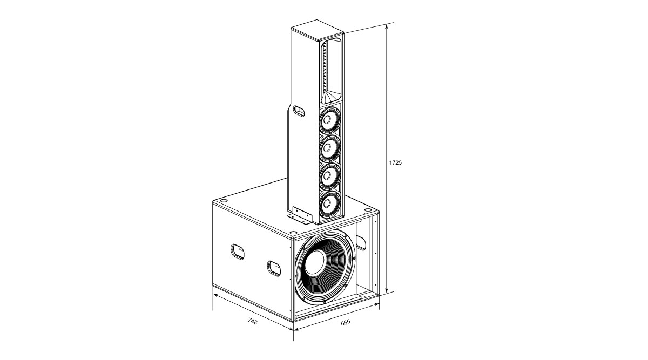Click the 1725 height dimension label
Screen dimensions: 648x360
[395, 162]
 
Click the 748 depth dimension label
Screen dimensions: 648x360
[253, 321]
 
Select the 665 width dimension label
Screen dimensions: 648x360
[346, 322]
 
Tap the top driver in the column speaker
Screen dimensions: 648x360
[330, 120]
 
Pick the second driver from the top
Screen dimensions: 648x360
[330, 148]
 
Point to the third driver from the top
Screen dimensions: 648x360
[330, 176]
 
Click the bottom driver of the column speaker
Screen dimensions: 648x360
[330, 204]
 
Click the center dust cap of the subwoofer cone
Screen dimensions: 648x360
[315, 262]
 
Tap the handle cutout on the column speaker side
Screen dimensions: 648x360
[299, 111]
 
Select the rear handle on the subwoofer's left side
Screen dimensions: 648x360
[237, 252]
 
